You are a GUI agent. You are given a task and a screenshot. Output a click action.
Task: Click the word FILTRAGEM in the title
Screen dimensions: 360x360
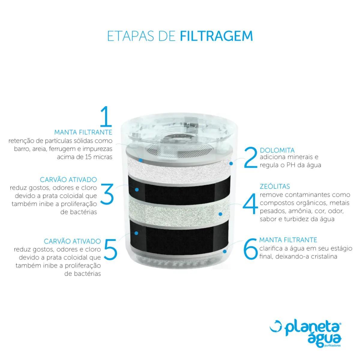point(216,36)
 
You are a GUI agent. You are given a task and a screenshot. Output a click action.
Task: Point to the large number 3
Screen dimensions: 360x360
point(107,193)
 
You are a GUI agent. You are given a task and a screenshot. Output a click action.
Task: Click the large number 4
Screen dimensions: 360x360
point(250,203)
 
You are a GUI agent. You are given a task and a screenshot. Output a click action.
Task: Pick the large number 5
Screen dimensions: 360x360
point(110,249)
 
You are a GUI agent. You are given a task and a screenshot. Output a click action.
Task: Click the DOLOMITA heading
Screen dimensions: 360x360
point(277,150)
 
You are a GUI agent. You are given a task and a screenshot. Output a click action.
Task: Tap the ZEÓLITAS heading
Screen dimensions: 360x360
point(275,186)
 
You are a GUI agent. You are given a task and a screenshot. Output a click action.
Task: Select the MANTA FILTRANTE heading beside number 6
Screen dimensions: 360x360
point(288,240)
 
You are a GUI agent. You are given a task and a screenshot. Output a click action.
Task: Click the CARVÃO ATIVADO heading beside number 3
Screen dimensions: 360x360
point(68,179)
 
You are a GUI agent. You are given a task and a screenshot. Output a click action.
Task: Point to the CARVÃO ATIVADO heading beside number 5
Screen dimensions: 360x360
point(72,241)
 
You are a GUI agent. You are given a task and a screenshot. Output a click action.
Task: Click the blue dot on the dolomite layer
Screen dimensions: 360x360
point(231,163)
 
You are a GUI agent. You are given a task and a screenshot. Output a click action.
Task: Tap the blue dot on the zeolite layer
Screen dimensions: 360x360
point(220,214)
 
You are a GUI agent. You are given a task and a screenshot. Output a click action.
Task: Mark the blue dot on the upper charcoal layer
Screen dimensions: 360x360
point(137,190)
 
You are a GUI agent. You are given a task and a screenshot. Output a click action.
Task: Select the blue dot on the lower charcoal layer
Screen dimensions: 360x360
point(136,233)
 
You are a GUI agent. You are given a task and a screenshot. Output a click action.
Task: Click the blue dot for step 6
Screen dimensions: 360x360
point(225,251)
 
